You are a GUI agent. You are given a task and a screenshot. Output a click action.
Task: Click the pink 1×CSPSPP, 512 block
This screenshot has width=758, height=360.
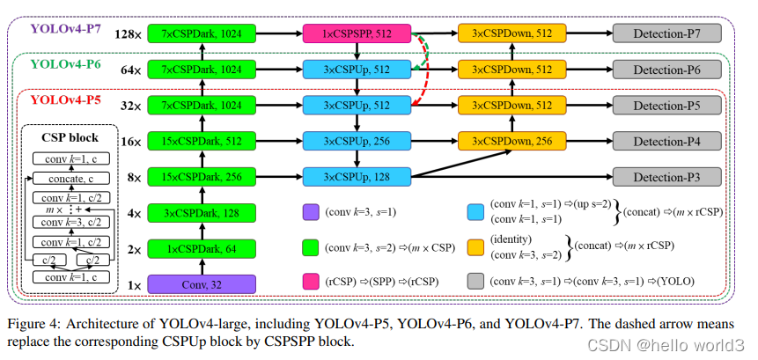[x=357, y=34]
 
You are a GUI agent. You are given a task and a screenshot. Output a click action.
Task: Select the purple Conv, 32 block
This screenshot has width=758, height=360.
[x=202, y=283]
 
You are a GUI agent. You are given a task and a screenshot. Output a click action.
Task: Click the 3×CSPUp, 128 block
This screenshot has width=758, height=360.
[x=357, y=177]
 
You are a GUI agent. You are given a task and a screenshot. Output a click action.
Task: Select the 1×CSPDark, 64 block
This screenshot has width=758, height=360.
[x=202, y=248]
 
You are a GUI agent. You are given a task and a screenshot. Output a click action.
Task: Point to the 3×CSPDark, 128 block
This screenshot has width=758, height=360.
[x=202, y=212]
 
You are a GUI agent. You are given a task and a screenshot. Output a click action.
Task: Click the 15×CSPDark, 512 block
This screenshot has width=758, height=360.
[x=202, y=141]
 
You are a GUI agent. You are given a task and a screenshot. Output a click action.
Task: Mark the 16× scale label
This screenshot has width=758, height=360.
[x=130, y=141]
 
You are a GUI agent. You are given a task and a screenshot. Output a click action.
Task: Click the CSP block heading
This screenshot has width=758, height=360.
[x=71, y=137]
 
